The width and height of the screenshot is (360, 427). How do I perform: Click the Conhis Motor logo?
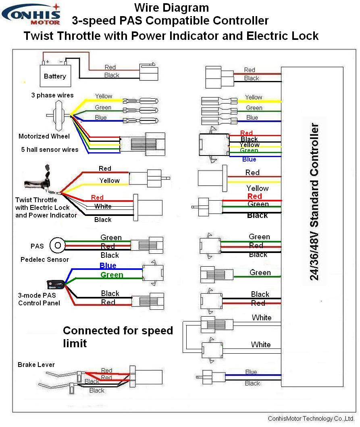(x=31, y=14)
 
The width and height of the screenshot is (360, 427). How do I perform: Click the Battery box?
(x=55, y=76)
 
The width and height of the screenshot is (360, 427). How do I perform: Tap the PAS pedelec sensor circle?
(x=58, y=245)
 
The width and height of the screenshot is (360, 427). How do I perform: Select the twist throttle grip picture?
(x=38, y=184)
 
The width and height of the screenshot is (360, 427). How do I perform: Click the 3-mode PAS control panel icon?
(x=56, y=285)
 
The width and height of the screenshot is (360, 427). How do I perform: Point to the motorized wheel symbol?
(x=58, y=115)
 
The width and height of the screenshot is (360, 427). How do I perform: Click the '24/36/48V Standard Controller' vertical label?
(x=314, y=201)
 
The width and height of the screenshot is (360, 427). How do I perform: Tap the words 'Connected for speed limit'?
(x=118, y=336)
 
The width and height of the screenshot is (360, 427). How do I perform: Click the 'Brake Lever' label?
(x=36, y=365)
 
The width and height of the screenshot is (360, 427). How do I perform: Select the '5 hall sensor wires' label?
(x=50, y=149)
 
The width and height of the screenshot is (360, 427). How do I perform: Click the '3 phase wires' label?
(x=52, y=95)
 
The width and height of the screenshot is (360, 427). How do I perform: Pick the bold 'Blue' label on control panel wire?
(x=108, y=265)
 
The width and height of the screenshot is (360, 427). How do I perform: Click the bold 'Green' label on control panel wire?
(x=112, y=275)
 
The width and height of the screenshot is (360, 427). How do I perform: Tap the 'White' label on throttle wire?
(x=103, y=206)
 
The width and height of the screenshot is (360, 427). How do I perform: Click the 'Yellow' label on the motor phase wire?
(x=104, y=96)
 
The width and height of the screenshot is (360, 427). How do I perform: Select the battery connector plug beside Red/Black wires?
(x=148, y=72)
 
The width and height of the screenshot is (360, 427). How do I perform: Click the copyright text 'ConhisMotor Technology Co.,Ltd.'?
(x=311, y=419)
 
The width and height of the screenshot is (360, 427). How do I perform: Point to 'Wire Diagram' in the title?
(x=171, y=7)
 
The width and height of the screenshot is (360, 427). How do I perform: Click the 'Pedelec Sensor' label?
(x=45, y=259)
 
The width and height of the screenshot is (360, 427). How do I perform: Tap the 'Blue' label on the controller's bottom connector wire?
(x=251, y=372)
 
